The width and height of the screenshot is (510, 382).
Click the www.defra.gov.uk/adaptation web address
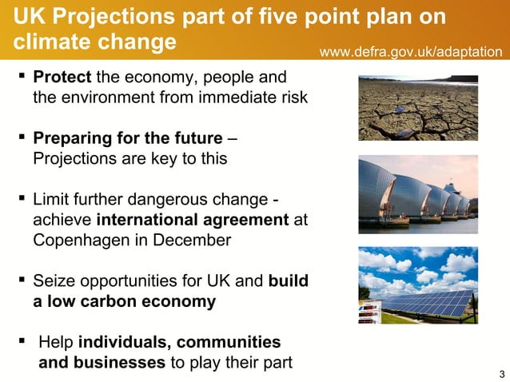(x=411, y=52)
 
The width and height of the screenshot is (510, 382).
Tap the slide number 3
(x=500, y=373)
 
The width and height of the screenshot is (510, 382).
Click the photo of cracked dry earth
(x=417, y=107)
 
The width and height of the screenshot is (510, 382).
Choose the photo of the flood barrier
(x=417, y=193)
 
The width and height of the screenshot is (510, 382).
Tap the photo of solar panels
(x=417, y=285)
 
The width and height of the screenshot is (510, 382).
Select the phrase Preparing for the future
(x=127, y=139)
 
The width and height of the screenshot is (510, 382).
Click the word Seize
(x=53, y=281)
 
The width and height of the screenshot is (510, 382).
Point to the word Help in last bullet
(x=56, y=343)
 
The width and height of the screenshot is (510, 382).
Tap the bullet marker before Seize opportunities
(x=20, y=281)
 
